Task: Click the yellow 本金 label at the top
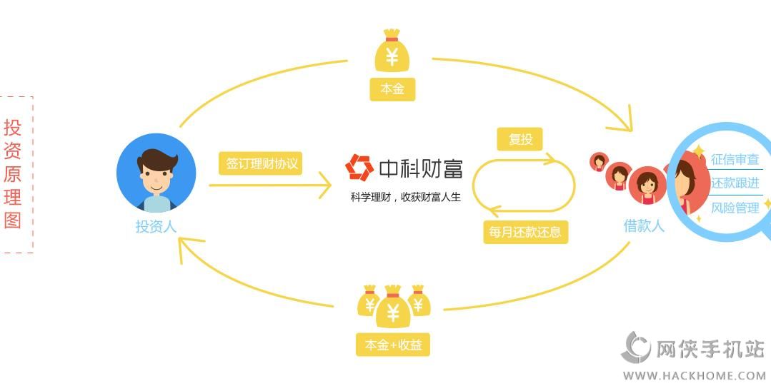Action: pyautogui.click(x=392, y=89)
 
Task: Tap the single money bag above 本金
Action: pyautogui.click(x=392, y=51)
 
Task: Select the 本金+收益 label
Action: pyautogui.click(x=393, y=345)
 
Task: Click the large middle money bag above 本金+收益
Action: pyautogui.click(x=392, y=307)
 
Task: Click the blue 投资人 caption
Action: pyautogui.click(x=156, y=227)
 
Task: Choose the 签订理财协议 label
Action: pyautogui.click(x=261, y=163)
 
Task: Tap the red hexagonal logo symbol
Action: pyautogui.click(x=359, y=168)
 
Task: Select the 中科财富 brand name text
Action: pyautogui.click(x=420, y=168)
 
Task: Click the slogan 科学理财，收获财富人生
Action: pyautogui.click(x=405, y=197)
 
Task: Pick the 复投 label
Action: pyautogui.click(x=519, y=139)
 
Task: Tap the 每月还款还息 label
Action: pyautogui.click(x=525, y=232)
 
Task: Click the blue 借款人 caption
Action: pyautogui.click(x=644, y=225)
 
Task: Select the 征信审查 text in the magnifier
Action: pyautogui.click(x=735, y=160)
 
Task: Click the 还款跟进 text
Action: pyautogui.click(x=735, y=183)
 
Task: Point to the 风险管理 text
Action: pyautogui.click(x=735, y=208)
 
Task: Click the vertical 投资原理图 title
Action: pyautogui.click(x=13, y=174)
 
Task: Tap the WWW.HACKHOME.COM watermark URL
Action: pyautogui.click(x=694, y=375)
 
